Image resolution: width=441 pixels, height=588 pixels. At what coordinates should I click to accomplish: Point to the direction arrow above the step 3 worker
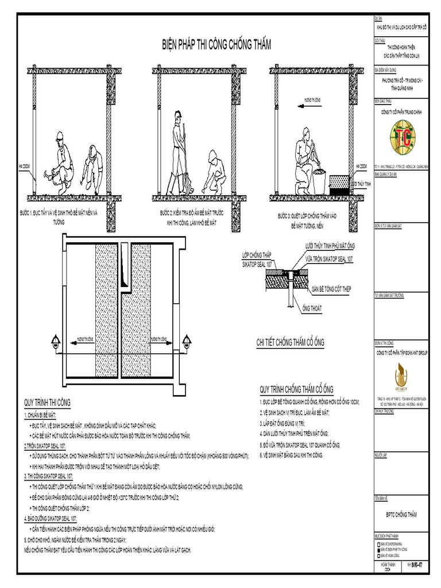tap(310, 106)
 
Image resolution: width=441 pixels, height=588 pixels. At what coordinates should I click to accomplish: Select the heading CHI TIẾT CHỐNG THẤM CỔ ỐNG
tap(290, 343)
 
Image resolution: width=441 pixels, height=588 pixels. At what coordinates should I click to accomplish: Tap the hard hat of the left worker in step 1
tap(59, 136)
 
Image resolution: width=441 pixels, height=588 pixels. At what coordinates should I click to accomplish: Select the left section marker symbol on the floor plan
tap(56, 344)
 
